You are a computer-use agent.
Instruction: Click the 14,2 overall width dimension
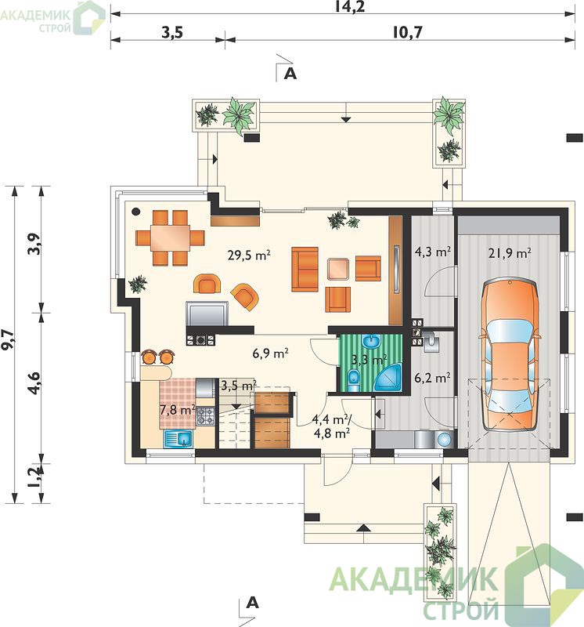click(x=353, y=7)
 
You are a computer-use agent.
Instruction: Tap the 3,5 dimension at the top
click(x=172, y=32)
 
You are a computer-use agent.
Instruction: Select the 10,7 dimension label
click(x=406, y=32)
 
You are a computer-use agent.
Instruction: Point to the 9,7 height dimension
click(x=9, y=340)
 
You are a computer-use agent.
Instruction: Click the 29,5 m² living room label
click(x=249, y=255)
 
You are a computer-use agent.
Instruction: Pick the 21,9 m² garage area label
click(x=510, y=253)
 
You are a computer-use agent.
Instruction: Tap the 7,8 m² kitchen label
click(x=178, y=410)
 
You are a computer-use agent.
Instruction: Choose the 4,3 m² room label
click(x=433, y=252)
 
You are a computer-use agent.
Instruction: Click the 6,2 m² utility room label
click(x=433, y=378)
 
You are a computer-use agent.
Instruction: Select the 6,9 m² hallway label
click(x=270, y=353)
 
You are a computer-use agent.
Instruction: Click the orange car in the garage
click(x=510, y=355)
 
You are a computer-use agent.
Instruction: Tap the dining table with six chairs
click(x=170, y=238)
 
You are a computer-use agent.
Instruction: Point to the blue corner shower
click(x=388, y=378)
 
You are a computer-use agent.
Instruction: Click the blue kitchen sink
click(x=178, y=439)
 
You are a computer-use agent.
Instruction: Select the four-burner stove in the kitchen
click(x=206, y=416)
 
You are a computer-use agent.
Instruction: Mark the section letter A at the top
click(x=290, y=74)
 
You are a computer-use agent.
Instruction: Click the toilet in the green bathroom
click(x=354, y=381)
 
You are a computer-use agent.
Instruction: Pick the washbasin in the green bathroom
click(x=372, y=342)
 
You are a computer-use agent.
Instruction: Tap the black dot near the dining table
click(x=136, y=211)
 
